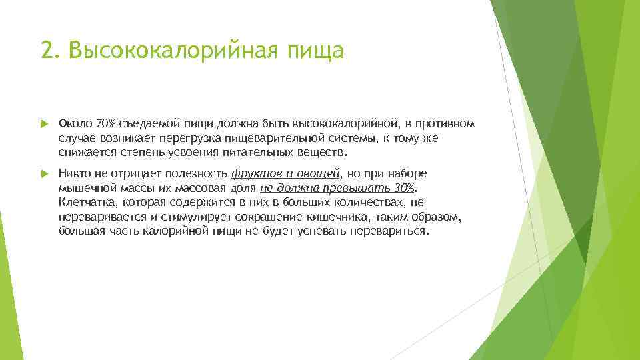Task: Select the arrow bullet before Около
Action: [x=45, y=124]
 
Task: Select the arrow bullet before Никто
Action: [x=45, y=173]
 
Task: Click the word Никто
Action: [x=74, y=173]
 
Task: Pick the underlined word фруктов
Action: [x=254, y=173]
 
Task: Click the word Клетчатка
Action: [x=83, y=202]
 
